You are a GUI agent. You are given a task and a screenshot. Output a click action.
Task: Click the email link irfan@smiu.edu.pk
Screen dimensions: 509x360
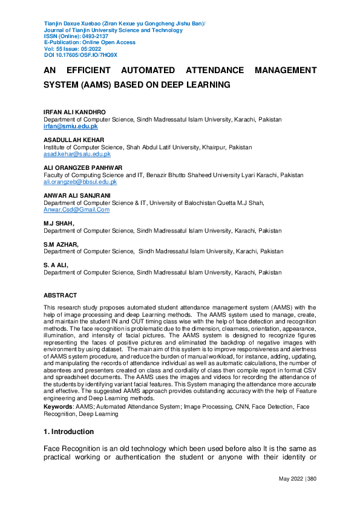click(x=70, y=126)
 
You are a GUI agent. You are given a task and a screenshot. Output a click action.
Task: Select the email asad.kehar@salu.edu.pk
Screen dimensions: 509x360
click(x=77, y=154)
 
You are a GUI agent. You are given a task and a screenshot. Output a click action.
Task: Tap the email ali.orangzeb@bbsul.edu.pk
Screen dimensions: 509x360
click(x=80, y=181)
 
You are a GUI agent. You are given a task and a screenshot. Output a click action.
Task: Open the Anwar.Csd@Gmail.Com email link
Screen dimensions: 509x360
click(x=76, y=209)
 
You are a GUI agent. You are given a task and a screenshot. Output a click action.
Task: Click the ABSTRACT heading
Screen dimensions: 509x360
click(x=61, y=296)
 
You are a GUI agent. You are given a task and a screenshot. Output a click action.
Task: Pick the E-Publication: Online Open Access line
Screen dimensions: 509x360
click(x=90, y=42)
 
